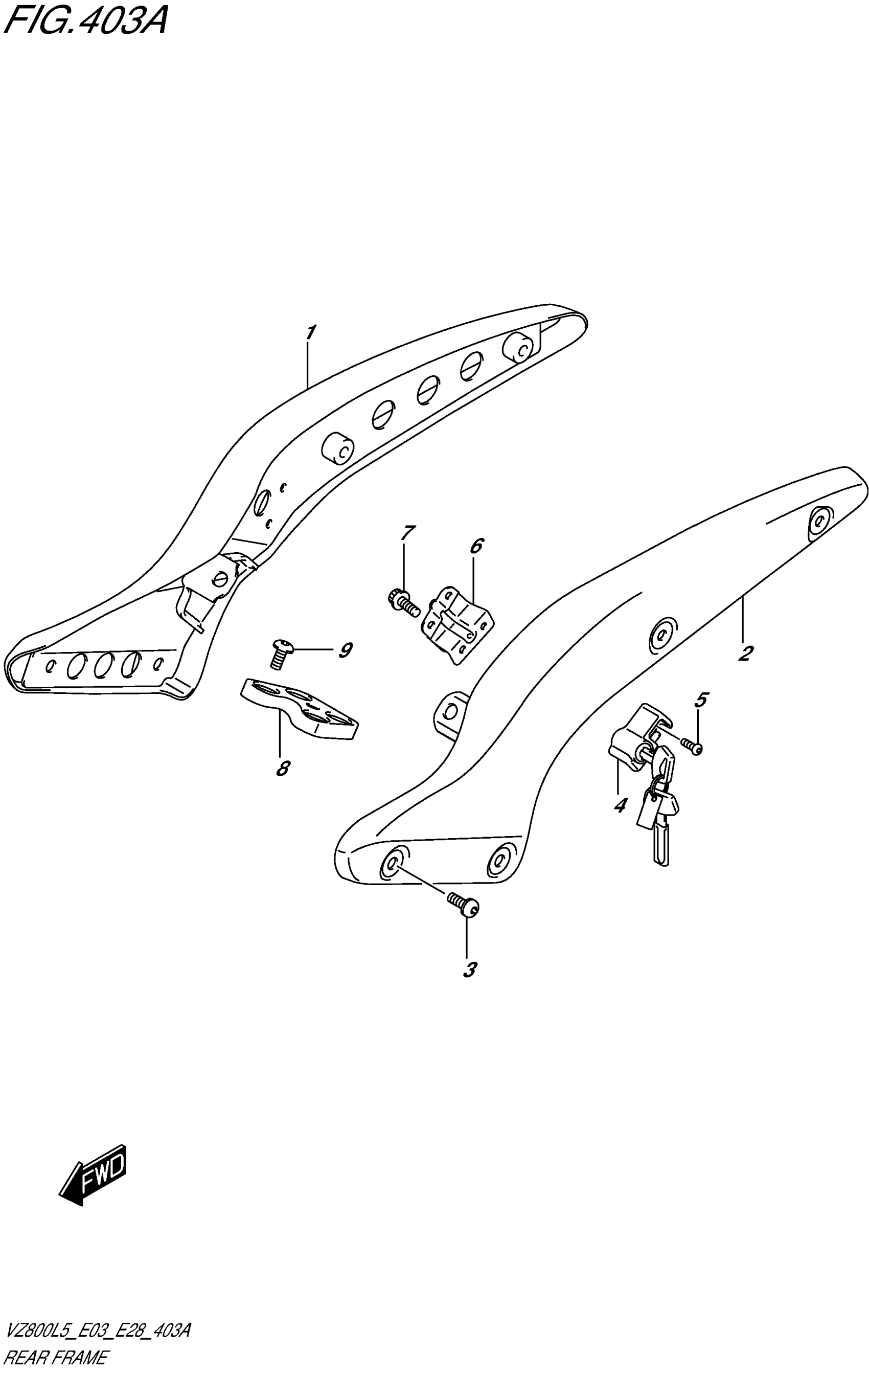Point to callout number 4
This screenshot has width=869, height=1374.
tap(620, 805)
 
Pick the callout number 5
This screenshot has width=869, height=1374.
tap(701, 700)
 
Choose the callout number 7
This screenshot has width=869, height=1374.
tap(407, 533)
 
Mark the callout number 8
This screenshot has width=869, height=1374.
tap(282, 769)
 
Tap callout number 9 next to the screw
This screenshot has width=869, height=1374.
tap(345, 650)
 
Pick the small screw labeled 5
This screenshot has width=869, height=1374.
tap(692, 745)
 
